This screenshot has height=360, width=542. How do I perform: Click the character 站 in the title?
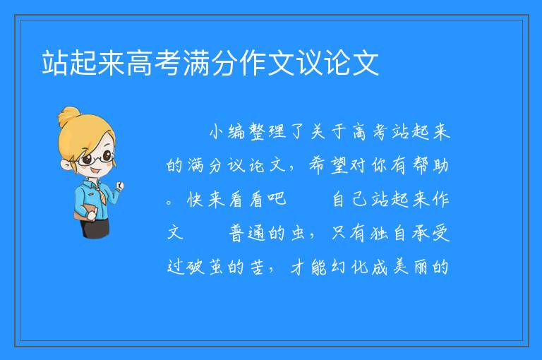click(x=54, y=63)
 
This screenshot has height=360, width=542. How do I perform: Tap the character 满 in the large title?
click(x=196, y=63)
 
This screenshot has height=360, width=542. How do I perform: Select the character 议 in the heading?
click(x=309, y=63)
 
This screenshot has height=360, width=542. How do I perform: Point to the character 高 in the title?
click(x=139, y=63)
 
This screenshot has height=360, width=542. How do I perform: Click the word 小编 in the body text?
click(x=227, y=132)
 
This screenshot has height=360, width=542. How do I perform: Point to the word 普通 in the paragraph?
click(x=247, y=233)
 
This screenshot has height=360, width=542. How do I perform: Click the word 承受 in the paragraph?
click(x=430, y=233)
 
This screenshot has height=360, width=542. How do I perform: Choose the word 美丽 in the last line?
click(x=411, y=267)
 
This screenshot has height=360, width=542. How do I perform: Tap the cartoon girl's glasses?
click(x=96, y=158)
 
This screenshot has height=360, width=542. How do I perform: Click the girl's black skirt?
click(x=95, y=227)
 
